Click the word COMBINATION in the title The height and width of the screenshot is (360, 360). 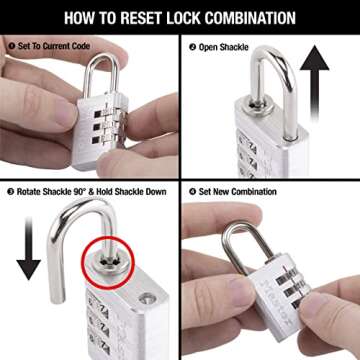point(259,17)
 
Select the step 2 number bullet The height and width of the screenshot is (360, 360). point(192,44)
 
